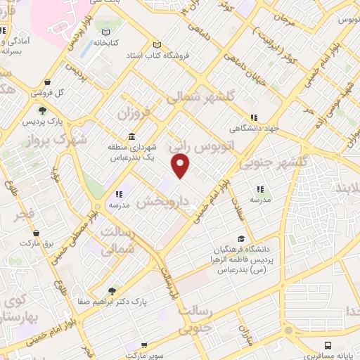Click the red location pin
tap(181, 166)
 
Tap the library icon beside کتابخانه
tap(106, 32)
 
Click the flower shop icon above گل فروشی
tap(47, 82)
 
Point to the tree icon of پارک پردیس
tap(43, 110)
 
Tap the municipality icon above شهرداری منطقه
tap(131, 137)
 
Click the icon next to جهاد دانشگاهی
tap(254, 117)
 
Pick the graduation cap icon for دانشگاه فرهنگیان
tap(242, 239)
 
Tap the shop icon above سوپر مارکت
tap(144, 346)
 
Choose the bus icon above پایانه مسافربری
tap(328, 345)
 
